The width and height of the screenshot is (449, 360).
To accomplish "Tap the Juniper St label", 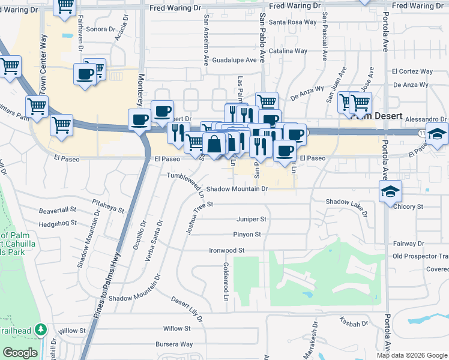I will pyautogui.click(x=250, y=220).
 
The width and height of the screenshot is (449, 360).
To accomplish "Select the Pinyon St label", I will pyautogui.click(x=247, y=235).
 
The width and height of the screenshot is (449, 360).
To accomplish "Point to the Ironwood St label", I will pyautogui.click(x=227, y=250).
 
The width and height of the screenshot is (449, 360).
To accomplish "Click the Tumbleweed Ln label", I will pyautogui.click(x=185, y=181).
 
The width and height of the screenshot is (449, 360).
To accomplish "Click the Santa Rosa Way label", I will pyautogui.click(x=292, y=22).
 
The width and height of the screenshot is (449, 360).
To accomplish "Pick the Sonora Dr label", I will pyautogui.click(x=100, y=29).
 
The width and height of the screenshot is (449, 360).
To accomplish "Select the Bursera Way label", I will pyautogui.click(x=174, y=344).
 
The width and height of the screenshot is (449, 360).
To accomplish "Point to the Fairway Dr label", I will pyautogui.click(x=408, y=244).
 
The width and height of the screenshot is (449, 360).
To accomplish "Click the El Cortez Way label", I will pyautogui.click(x=412, y=71).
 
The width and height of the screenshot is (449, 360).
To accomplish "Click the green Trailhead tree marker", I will pyautogui.click(x=40, y=329).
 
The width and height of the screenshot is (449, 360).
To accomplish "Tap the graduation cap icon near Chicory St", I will pyautogui.click(x=391, y=191).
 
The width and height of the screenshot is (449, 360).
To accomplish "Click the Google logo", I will pyautogui.click(x=20, y=353).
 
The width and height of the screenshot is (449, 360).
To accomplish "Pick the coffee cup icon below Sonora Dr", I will pyautogui.click(x=85, y=74).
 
